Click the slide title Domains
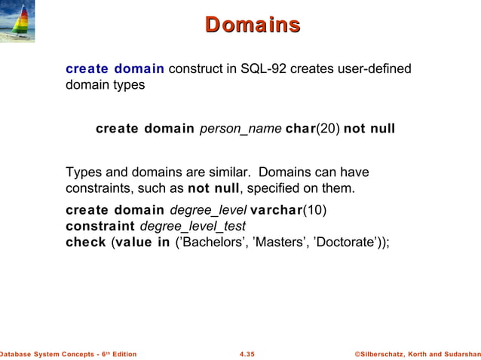pyautogui.click(x=253, y=25)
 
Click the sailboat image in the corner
pyautogui.click(x=17, y=22)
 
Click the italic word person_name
pyautogui.click(x=240, y=129)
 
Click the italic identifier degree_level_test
pyautogui.click(x=193, y=226)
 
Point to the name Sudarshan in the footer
pyautogui.click(x=455, y=353)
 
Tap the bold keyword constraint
pyautogui.click(x=98, y=226)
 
